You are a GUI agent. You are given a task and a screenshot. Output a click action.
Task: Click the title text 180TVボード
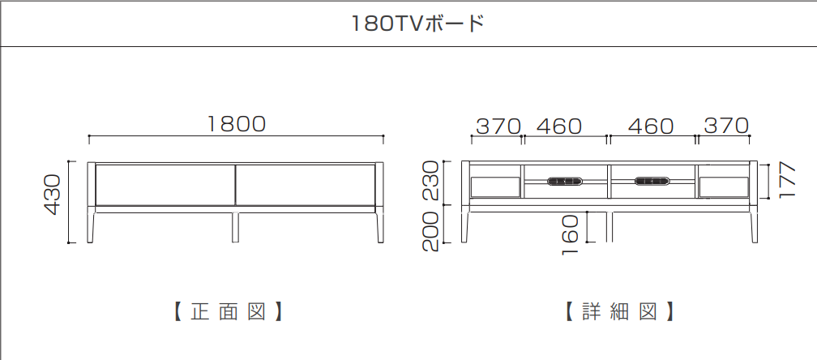click(x=418, y=24)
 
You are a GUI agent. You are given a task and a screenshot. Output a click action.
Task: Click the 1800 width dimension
click(x=237, y=124)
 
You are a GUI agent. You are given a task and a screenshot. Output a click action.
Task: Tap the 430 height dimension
click(x=53, y=195)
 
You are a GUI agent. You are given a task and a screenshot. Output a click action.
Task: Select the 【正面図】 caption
click(x=229, y=311)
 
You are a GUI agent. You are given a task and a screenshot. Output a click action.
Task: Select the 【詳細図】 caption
click(x=619, y=311)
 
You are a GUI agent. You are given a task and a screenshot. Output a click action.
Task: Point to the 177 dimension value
click(x=788, y=180)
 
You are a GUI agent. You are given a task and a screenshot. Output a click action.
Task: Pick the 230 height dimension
click(x=430, y=181)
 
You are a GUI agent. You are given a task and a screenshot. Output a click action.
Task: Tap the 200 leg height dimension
click(x=430, y=232)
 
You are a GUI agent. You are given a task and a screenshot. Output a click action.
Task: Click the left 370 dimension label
click(x=498, y=126)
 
